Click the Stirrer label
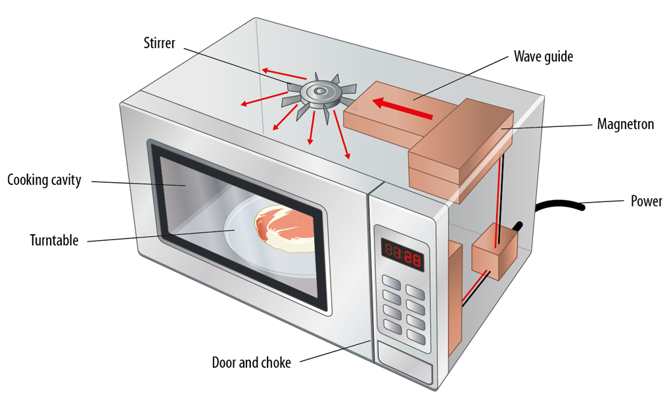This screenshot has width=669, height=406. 160,43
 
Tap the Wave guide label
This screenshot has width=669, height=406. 543,57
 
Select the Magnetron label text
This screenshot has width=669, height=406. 625,124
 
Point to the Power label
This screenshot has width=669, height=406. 646,201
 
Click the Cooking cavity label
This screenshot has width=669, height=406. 44,180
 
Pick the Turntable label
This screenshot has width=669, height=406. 54,240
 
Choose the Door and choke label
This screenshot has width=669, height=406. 251,362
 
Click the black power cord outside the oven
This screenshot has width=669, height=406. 559,205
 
